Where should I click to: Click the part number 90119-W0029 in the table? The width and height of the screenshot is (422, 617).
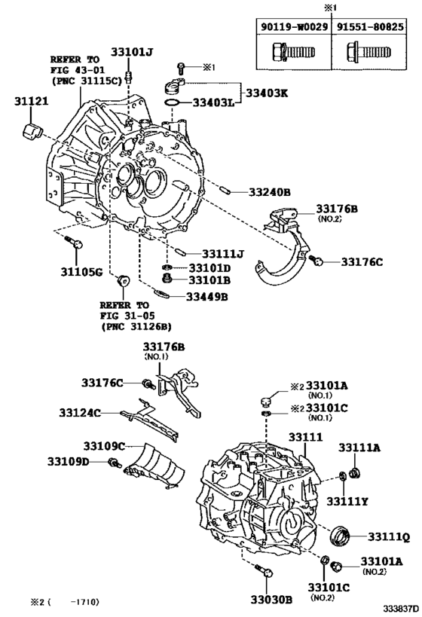coord(294,27)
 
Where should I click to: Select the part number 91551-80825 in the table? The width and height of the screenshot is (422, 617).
coord(370,27)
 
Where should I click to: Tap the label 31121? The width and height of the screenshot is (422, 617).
coord(32,102)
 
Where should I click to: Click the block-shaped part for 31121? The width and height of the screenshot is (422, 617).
coord(32,131)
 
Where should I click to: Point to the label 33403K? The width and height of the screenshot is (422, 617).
coord(268,93)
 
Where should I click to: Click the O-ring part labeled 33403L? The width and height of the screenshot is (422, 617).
coord(172,103)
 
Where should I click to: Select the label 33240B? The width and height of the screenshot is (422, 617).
coord(270,192)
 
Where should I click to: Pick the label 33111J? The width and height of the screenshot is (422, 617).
coord(223,254)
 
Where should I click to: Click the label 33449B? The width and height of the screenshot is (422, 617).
coord(207,297)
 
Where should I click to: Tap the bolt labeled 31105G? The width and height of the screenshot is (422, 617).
coord(74,241)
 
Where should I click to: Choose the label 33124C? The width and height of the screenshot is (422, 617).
coord(80,413)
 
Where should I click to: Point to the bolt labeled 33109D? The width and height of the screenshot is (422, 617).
coord(115,463)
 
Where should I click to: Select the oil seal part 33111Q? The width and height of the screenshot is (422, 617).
coord(339,536)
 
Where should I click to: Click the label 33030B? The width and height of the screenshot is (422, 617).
coord(271,599)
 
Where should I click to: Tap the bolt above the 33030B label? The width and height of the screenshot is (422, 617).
coord(264,570)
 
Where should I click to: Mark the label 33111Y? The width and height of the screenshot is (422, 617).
coord(347,501)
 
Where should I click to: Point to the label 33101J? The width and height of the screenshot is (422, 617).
coord(131,52)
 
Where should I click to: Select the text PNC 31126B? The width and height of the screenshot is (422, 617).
coord(136,327)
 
